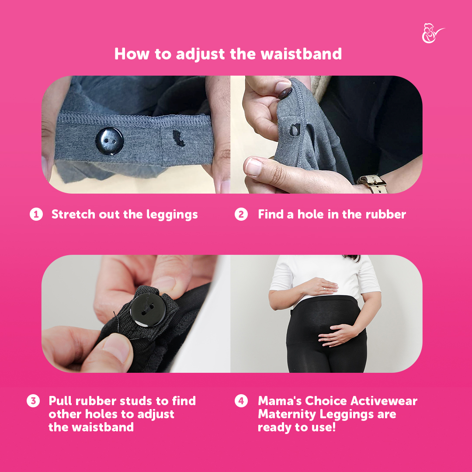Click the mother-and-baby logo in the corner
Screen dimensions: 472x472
point(432,33)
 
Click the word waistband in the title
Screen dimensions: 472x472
point(301,54)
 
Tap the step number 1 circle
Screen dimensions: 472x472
point(36,214)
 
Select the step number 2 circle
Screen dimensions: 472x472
point(241,214)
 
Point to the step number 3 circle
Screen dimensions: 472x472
point(33,401)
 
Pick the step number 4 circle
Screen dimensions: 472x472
point(241,401)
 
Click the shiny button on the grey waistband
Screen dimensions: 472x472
point(110,141)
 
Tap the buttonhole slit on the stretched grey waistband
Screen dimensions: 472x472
point(179,139)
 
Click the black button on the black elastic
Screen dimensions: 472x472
point(148,310)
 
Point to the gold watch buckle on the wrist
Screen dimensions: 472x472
point(372,184)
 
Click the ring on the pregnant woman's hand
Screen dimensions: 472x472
point(324,289)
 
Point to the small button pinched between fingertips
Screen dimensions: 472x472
point(285,93)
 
